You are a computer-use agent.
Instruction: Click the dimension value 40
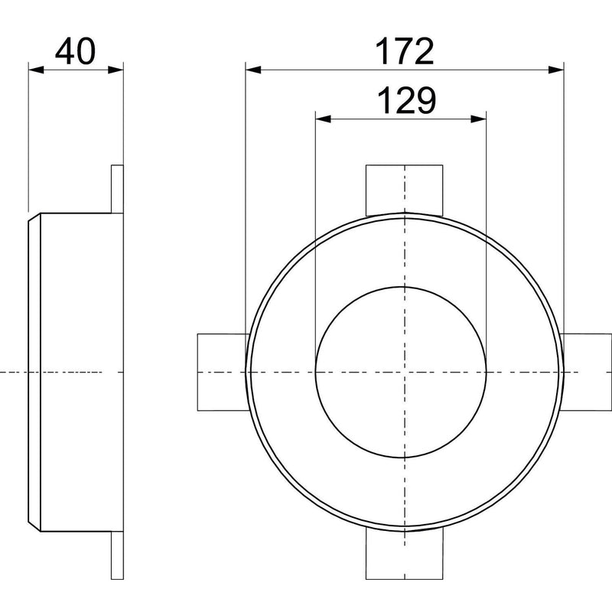pos(75,51)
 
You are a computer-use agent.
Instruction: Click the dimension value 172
pos(405,51)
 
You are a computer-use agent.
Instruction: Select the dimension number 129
pos(406,100)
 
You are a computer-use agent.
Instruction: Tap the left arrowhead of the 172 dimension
pos(253,70)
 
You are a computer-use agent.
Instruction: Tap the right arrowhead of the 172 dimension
pos(556,70)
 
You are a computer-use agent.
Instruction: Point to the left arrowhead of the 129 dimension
pos(323,119)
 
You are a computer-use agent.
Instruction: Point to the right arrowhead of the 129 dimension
pos(479,119)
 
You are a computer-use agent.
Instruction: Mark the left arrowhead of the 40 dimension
pos(36,70)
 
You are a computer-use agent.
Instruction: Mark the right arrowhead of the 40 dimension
pos(116,70)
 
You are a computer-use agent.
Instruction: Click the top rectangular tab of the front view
pos(405,190)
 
